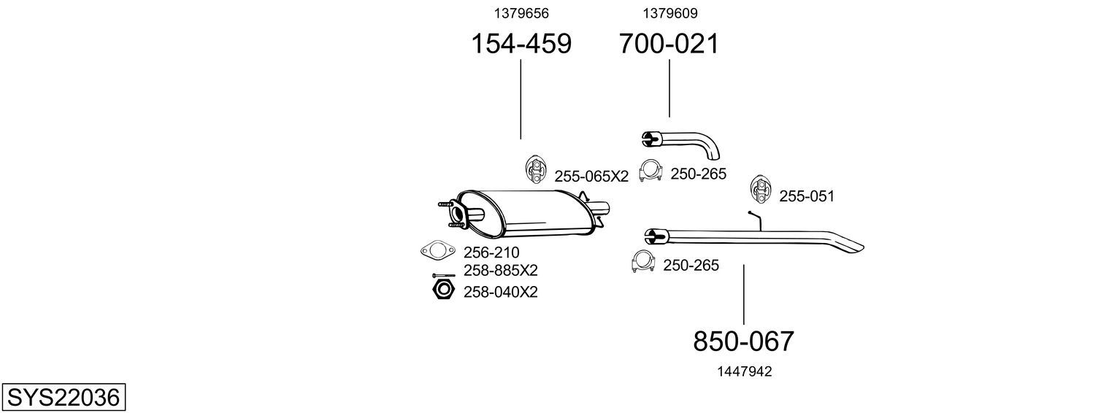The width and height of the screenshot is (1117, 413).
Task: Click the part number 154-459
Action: click(x=521, y=44)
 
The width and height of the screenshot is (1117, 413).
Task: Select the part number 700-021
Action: click(x=669, y=44)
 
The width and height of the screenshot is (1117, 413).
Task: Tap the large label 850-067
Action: click(x=743, y=341)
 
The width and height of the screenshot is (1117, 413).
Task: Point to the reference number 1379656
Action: click(x=521, y=13)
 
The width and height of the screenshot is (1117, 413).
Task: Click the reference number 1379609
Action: click(x=669, y=13)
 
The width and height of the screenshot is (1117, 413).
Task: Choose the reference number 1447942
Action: click(x=745, y=371)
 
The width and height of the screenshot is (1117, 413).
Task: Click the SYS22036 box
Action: click(x=64, y=398)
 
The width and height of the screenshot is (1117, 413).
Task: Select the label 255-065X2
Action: click(x=591, y=177)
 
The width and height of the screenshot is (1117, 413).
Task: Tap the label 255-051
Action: click(x=807, y=196)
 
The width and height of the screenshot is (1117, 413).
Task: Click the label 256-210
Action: click(x=491, y=252)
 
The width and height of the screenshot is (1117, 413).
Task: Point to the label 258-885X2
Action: click(x=501, y=271)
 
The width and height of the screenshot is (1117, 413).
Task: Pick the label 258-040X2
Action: click(x=501, y=292)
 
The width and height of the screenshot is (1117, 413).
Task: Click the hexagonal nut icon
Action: click(x=443, y=290)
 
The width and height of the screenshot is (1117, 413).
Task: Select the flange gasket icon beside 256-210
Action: click(x=438, y=250)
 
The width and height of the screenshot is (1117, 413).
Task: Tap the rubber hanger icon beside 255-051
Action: click(x=759, y=189)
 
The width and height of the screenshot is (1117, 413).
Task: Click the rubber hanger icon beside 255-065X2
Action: click(x=535, y=169)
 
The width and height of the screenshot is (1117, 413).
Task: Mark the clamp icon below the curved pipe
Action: click(x=650, y=171)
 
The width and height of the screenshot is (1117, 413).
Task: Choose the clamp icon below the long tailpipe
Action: click(x=642, y=261)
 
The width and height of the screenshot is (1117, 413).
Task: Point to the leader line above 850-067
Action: click(x=743, y=295)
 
